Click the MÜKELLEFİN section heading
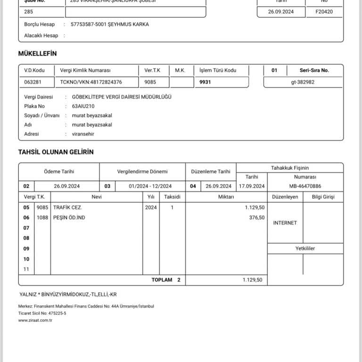pos(37,54)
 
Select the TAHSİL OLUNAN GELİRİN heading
pos(56,152)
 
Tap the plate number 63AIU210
pos(82,106)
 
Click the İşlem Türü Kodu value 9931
pos(206,82)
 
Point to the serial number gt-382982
pos(303,82)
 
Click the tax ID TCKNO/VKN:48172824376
pos(91,82)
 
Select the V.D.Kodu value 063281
pos(33,82)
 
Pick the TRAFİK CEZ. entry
pos(67,207)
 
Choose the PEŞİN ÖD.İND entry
pos(69,218)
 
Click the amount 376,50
pos(257,218)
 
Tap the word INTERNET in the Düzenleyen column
pos(285,222)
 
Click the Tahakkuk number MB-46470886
pos(305,186)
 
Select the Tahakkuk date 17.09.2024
pos(252,186)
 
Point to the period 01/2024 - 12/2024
pos(150,186)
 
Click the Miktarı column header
pos(226,197)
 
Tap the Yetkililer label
pos(305,248)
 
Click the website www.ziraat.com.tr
pos(35,321)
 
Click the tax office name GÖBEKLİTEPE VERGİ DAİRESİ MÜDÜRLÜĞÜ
pos(122,97)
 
